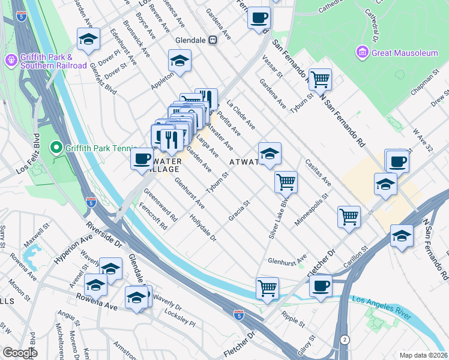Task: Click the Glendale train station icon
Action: point(212,40)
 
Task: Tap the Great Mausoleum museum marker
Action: point(362,53)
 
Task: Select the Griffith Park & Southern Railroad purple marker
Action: point(11,60)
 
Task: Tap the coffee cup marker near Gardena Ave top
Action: point(259,17)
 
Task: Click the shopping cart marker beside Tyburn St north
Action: point(320,79)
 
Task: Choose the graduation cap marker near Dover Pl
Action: point(88,40)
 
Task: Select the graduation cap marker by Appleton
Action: point(179,61)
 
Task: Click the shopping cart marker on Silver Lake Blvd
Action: point(286,181)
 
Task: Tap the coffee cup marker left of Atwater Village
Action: point(142,160)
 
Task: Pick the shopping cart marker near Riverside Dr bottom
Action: point(267,287)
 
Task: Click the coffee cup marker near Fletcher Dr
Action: point(321,286)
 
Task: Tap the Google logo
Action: point(20,353)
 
